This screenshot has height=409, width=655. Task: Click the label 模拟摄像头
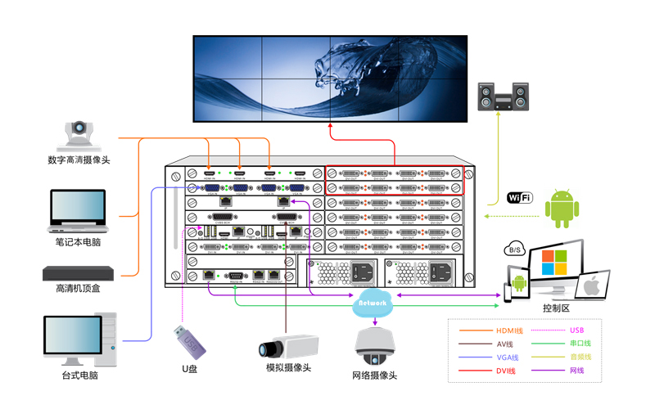[x=288, y=368]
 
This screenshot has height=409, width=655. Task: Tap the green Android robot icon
[x=562, y=209]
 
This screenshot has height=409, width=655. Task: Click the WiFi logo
[x=519, y=197]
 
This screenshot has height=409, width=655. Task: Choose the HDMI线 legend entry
[x=508, y=330]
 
